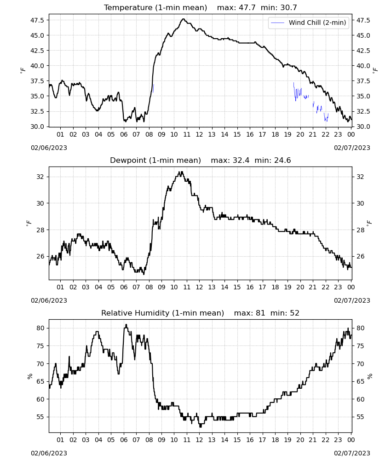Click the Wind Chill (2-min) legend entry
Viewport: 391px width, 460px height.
pos(309,23)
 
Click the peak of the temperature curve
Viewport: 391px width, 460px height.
pos(184,19)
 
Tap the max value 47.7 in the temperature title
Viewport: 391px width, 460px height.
pos(247,8)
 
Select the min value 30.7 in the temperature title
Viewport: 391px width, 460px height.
pos(288,8)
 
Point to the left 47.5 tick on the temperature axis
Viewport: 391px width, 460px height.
pos(37,20)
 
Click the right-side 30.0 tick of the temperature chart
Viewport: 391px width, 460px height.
pos(363,126)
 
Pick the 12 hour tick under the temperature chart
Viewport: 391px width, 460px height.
pos(199,134)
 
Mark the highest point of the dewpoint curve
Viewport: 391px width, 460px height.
pos(182,172)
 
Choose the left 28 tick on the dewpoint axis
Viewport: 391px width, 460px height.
pos(40,230)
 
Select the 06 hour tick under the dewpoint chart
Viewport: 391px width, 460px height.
pos(123,287)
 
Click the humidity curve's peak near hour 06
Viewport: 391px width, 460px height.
pos(126,325)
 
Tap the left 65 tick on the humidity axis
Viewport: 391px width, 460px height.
pos(40,381)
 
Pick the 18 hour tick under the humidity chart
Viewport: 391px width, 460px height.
pos(275,440)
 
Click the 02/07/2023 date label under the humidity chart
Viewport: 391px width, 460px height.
pos(352,453)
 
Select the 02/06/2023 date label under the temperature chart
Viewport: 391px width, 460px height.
pos(49,148)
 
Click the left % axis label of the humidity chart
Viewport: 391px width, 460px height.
pos(29,376)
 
